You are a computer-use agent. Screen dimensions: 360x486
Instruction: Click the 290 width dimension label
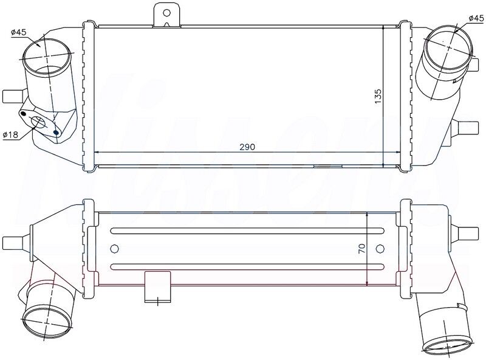point(247,147)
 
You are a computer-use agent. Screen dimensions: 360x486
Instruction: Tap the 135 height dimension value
point(377,95)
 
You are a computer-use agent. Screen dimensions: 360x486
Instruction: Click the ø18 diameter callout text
point(10,134)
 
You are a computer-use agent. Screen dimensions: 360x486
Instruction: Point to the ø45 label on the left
point(19,32)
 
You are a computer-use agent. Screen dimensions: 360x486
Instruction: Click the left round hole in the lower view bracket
point(114,248)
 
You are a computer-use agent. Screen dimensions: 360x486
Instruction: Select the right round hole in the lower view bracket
point(380,248)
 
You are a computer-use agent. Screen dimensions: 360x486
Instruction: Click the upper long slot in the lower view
point(247,230)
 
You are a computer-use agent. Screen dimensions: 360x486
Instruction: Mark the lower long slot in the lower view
point(247,266)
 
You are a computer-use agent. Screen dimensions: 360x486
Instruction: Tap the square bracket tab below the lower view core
point(157,286)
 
